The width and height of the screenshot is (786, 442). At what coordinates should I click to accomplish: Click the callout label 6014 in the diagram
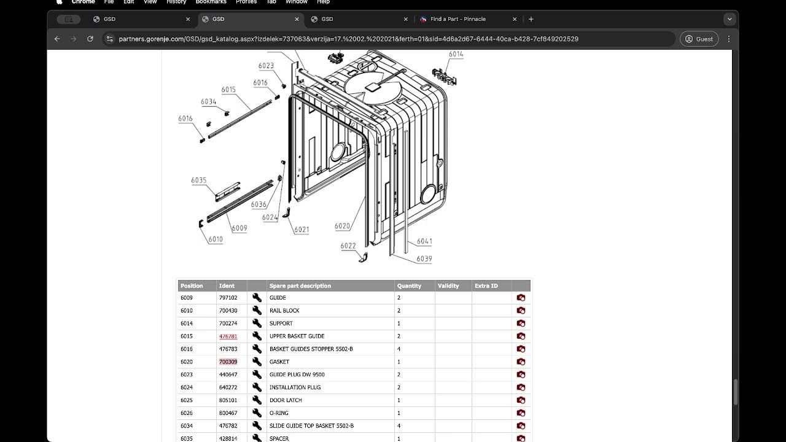(456, 54)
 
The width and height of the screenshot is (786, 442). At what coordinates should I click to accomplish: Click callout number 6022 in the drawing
(348, 246)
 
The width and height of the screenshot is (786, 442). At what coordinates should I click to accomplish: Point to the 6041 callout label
(424, 241)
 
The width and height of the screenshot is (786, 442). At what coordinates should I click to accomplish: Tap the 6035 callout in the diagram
(199, 180)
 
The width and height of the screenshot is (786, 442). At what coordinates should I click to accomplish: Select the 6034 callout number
(208, 102)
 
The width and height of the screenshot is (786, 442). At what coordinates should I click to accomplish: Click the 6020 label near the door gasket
(342, 226)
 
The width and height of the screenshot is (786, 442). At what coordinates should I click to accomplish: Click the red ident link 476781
(228, 336)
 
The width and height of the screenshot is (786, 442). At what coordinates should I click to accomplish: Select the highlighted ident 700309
(228, 362)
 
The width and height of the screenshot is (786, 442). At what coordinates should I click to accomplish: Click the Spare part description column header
(300, 286)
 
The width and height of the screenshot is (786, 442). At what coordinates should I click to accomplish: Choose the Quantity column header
(409, 286)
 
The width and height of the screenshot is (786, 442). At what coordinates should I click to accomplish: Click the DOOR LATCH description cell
(286, 400)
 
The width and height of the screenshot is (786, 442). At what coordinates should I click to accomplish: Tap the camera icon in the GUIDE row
(521, 298)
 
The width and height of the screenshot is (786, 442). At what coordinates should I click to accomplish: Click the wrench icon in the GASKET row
(257, 362)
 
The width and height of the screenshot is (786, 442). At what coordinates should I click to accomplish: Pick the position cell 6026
(187, 413)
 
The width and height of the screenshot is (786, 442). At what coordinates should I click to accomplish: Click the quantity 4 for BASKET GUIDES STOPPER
(399, 349)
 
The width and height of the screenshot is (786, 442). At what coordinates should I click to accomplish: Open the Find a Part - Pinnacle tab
(457, 19)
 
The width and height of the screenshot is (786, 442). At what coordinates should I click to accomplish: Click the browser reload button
(90, 39)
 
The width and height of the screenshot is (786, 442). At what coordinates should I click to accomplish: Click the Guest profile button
(699, 39)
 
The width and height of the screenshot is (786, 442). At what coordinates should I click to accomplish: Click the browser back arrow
(57, 39)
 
